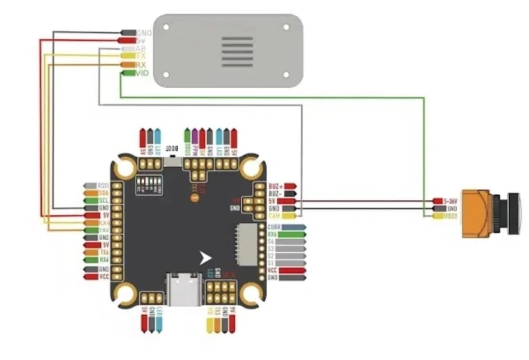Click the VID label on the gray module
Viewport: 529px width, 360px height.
tap(142, 73)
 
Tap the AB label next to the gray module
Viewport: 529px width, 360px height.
tap(141, 49)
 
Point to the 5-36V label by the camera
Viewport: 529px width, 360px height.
tap(450, 201)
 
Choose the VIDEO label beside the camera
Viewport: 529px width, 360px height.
tap(451, 216)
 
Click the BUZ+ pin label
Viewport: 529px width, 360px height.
tap(275, 186)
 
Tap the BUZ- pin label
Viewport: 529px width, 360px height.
tap(275, 194)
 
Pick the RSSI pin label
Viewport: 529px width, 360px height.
tap(104, 185)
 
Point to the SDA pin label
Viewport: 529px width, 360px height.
tap(104, 193)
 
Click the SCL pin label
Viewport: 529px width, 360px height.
tap(104, 200)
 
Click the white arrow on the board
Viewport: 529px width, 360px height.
tap(205, 258)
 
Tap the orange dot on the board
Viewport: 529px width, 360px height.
tap(194, 196)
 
